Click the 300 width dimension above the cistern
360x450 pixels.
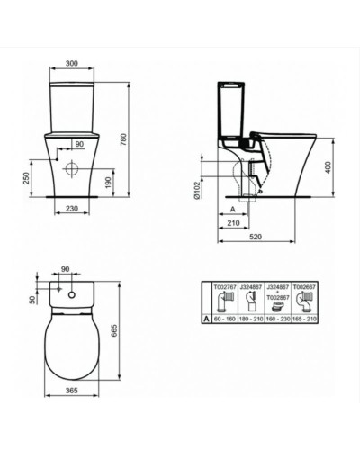click(73, 64)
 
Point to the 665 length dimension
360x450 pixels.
click(137, 330)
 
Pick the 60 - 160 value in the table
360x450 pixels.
click(226, 318)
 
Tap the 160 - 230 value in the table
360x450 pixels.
click(278, 318)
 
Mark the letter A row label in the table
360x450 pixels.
click(206, 318)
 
